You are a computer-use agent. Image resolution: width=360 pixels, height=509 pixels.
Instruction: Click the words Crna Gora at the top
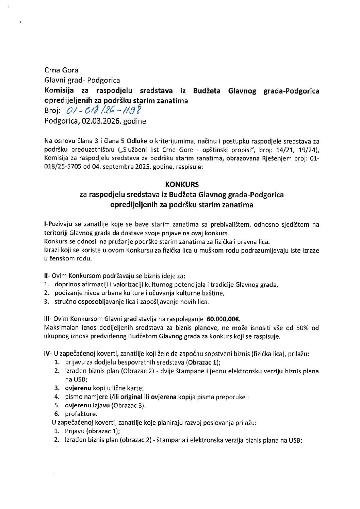pos(61,70)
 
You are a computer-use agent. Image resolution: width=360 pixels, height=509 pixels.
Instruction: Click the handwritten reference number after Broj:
pos(103,110)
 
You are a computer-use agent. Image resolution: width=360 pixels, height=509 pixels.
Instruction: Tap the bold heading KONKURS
pos(182,185)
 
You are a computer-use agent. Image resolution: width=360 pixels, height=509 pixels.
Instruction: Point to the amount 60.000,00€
pos(223,319)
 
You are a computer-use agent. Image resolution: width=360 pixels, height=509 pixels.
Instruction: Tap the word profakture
pos(81,414)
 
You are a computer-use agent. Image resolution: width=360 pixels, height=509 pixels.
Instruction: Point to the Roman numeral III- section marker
pos(48,319)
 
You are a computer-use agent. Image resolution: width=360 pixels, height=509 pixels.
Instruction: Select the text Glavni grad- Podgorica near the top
pos(82,81)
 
